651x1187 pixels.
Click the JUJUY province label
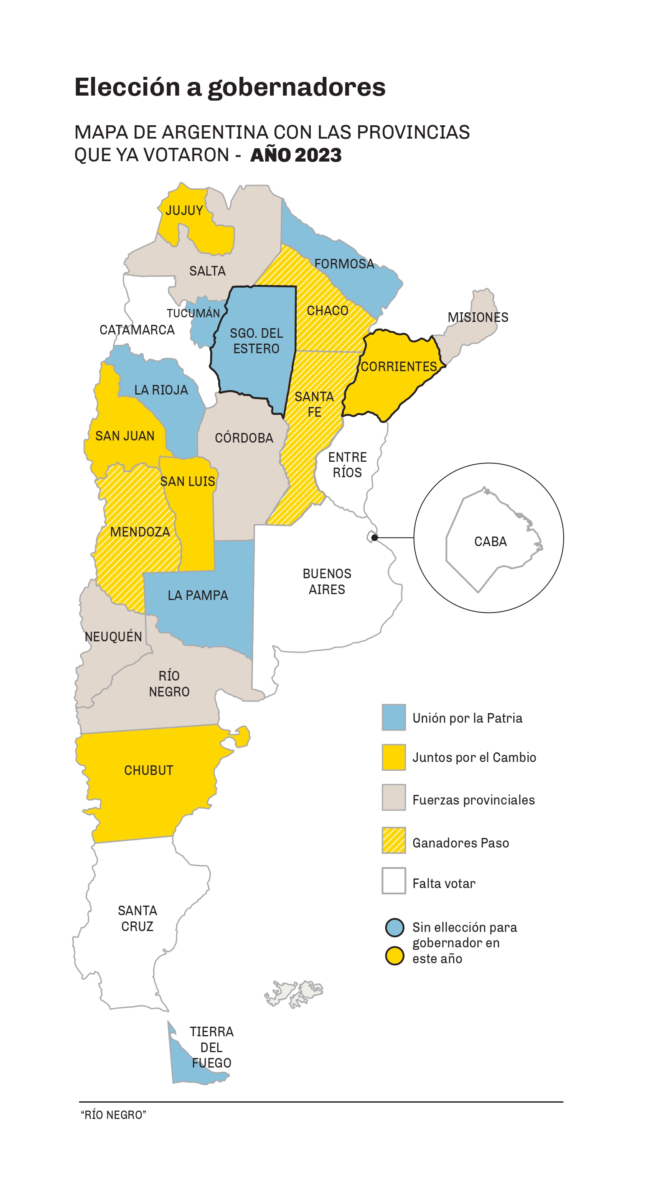tap(184, 210)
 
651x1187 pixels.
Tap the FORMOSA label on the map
tap(344, 264)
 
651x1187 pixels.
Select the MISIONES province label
tap(478, 317)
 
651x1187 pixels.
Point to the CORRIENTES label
tap(399, 367)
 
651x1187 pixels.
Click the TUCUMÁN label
tap(193, 313)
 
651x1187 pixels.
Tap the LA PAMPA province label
tap(198, 595)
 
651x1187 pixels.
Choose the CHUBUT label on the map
tap(148, 770)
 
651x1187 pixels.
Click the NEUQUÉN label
tap(113, 637)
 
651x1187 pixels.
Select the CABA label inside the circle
tap(490, 542)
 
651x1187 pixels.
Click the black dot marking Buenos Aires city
tap(374, 538)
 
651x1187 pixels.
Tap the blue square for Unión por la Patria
tap(394, 717)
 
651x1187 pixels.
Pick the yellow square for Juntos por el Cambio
tap(394, 757)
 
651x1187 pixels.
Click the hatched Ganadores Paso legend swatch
tap(394, 840)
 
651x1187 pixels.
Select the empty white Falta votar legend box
tap(394, 881)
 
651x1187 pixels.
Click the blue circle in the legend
tap(395, 928)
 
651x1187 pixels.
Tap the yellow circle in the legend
tap(395, 956)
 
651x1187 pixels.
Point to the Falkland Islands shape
tap(294, 995)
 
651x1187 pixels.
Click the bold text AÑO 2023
tap(295, 155)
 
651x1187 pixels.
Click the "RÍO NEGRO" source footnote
tap(113, 1115)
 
